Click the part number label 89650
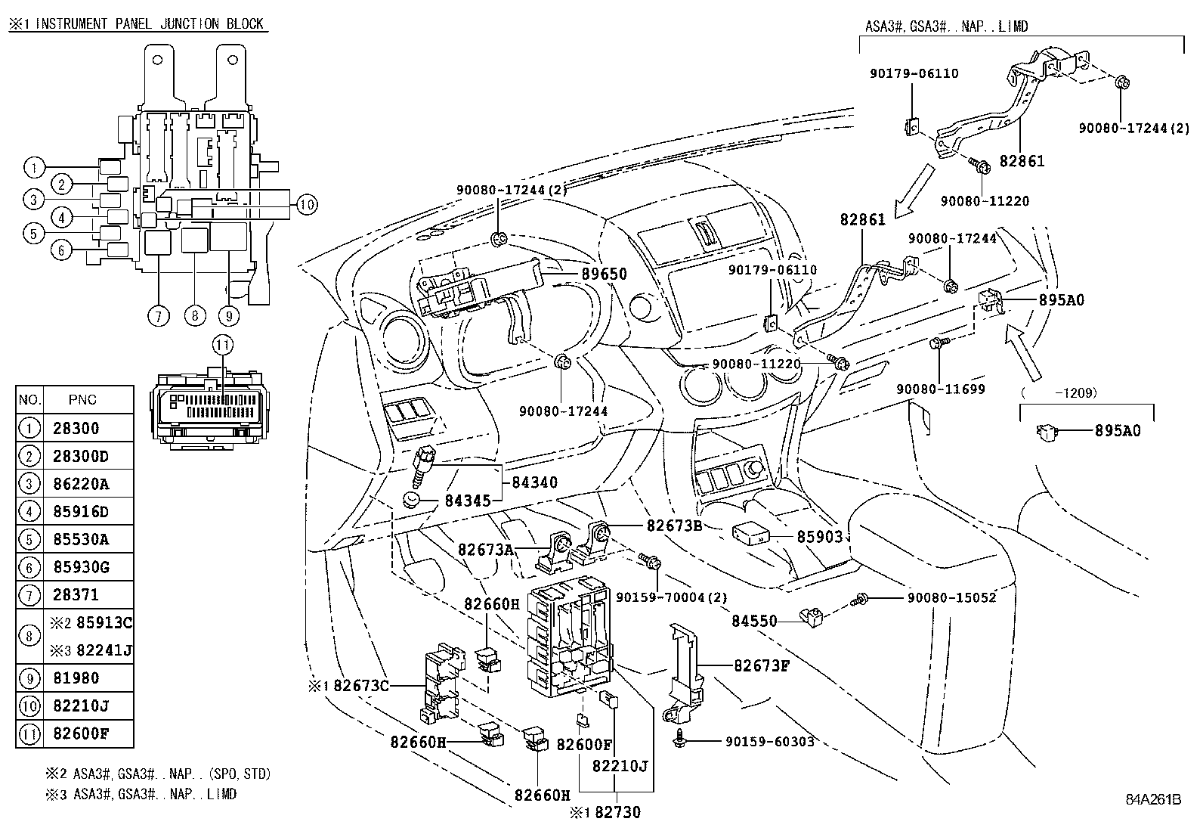604,274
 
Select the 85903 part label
819,536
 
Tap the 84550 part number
753,622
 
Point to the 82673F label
762,666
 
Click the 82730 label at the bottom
617,812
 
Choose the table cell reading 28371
76,595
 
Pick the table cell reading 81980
76,678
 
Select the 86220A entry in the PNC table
81,484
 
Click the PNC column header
82,399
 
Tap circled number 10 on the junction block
305,203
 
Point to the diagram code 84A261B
1151,799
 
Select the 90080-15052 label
951,598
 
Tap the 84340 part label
534,482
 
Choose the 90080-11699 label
941,389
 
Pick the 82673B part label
674,526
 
